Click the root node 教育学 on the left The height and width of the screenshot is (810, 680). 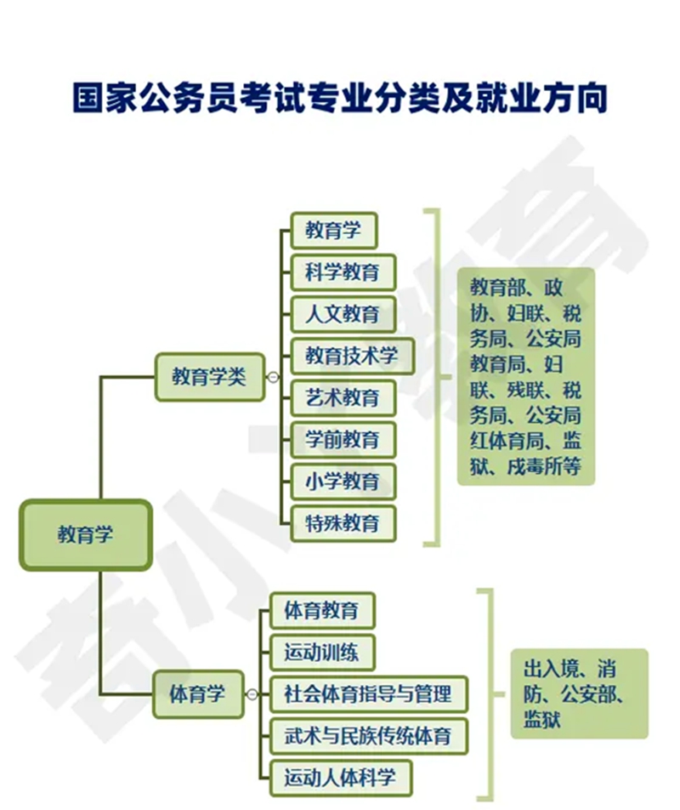pyautogui.click(x=86, y=534)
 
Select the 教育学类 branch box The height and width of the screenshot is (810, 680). pyautogui.click(x=209, y=377)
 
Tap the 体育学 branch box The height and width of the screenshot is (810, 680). pyautogui.click(x=197, y=693)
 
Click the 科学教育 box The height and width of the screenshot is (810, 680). pyautogui.click(x=343, y=272)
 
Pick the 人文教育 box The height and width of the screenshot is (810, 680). pyautogui.click(x=343, y=314)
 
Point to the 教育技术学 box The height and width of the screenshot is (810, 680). pyautogui.click(x=352, y=356)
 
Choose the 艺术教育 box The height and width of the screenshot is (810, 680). pyautogui.click(x=343, y=398)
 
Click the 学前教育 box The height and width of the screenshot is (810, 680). pyautogui.click(x=343, y=440)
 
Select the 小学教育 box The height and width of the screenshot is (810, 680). pyautogui.click(x=343, y=482)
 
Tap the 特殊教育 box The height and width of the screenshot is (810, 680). pyautogui.click(x=343, y=523)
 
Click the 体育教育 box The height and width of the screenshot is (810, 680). pyautogui.click(x=322, y=610)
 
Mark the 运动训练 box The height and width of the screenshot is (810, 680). pyautogui.click(x=322, y=652)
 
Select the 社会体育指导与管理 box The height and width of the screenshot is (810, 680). pyautogui.click(x=368, y=693)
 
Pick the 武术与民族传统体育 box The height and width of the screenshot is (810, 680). pyautogui.click(x=368, y=736)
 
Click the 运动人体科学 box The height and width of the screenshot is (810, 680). pyautogui.click(x=341, y=778)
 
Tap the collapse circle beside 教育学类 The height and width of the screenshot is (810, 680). pyautogui.click(x=273, y=377)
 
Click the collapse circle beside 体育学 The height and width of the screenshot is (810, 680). pyautogui.click(x=252, y=694)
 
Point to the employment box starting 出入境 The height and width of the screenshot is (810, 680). pyautogui.click(x=579, y=693)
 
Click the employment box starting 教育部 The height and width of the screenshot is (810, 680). pyautogui.click(x=526, y=377)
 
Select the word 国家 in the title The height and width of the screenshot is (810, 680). pyautogui.click(x=105, y=97)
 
